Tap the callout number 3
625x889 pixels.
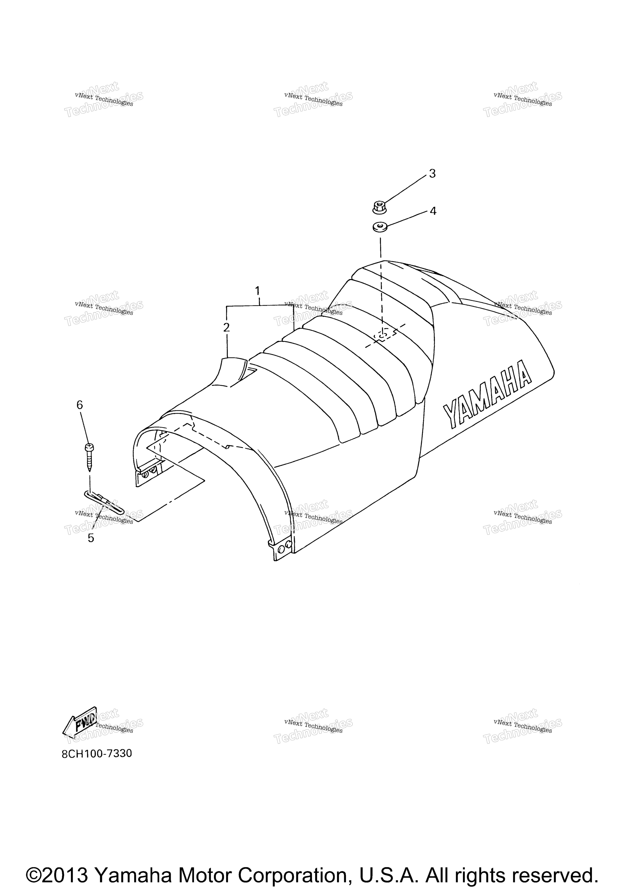(x=432, y=174)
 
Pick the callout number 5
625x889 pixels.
(x=91, y=538)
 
